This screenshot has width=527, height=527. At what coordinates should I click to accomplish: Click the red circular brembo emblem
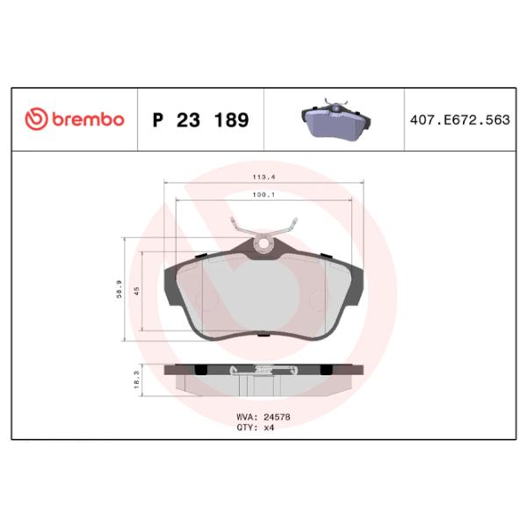pos(36,119)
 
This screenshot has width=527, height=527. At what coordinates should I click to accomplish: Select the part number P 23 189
pos(200,119)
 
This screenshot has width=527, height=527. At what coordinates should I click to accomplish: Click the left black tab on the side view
pos(201,368)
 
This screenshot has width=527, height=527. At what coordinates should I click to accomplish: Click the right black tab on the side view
pos(323,368)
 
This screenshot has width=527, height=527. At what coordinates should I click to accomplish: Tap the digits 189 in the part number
pos(230,119)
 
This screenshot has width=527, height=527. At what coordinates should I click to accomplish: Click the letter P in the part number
pos(159,119)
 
